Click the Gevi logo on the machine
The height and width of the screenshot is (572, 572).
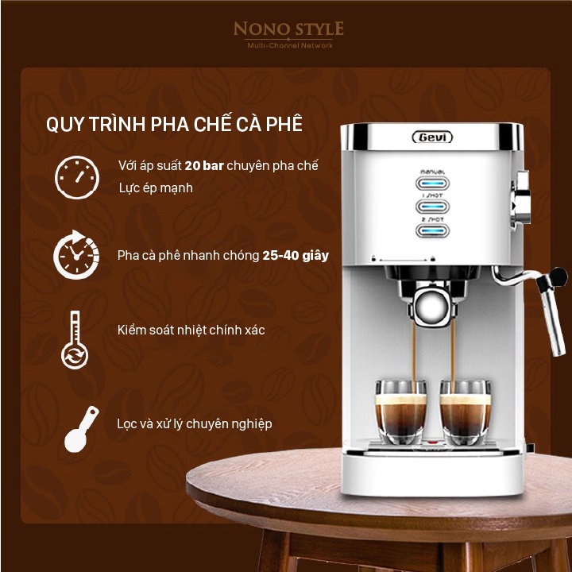[x=432, y=137]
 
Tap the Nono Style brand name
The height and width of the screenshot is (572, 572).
[x=288, y=29]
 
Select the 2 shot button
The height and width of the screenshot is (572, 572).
[x=433, y=230]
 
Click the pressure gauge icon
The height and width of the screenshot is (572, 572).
[x=77, y=178]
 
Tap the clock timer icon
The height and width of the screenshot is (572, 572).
[x=76, y=255]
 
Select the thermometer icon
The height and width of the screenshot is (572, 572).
[x=75, y=340]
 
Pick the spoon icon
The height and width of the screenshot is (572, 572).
[x=81, y=429]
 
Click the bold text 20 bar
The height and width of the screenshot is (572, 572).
[x=204, y=165]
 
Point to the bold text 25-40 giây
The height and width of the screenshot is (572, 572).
[x=296, y=255]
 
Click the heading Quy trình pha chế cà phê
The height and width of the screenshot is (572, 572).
[x=174, y=123]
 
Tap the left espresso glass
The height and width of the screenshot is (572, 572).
[x=401, y=412]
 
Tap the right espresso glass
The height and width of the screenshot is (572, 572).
[x=465, y=412]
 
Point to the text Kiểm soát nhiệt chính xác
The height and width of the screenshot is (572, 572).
[x=191, y=330]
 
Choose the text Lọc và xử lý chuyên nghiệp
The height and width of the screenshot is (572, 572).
[x=195, y=424]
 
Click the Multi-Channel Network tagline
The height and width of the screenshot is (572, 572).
[x=290, y=45]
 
